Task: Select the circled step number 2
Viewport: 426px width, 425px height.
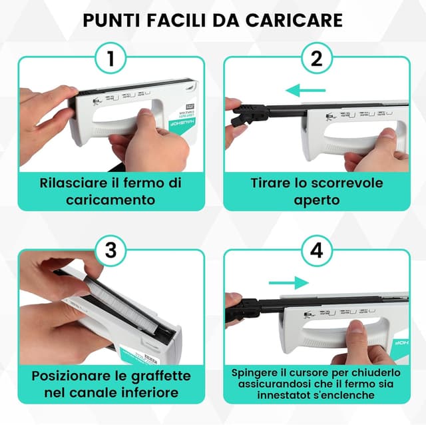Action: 316,59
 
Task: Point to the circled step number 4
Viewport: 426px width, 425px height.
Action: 316,251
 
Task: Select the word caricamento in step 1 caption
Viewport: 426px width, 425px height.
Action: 110,199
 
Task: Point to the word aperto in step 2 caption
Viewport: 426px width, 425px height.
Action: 316,199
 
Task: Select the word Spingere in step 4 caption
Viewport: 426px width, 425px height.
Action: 256,372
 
